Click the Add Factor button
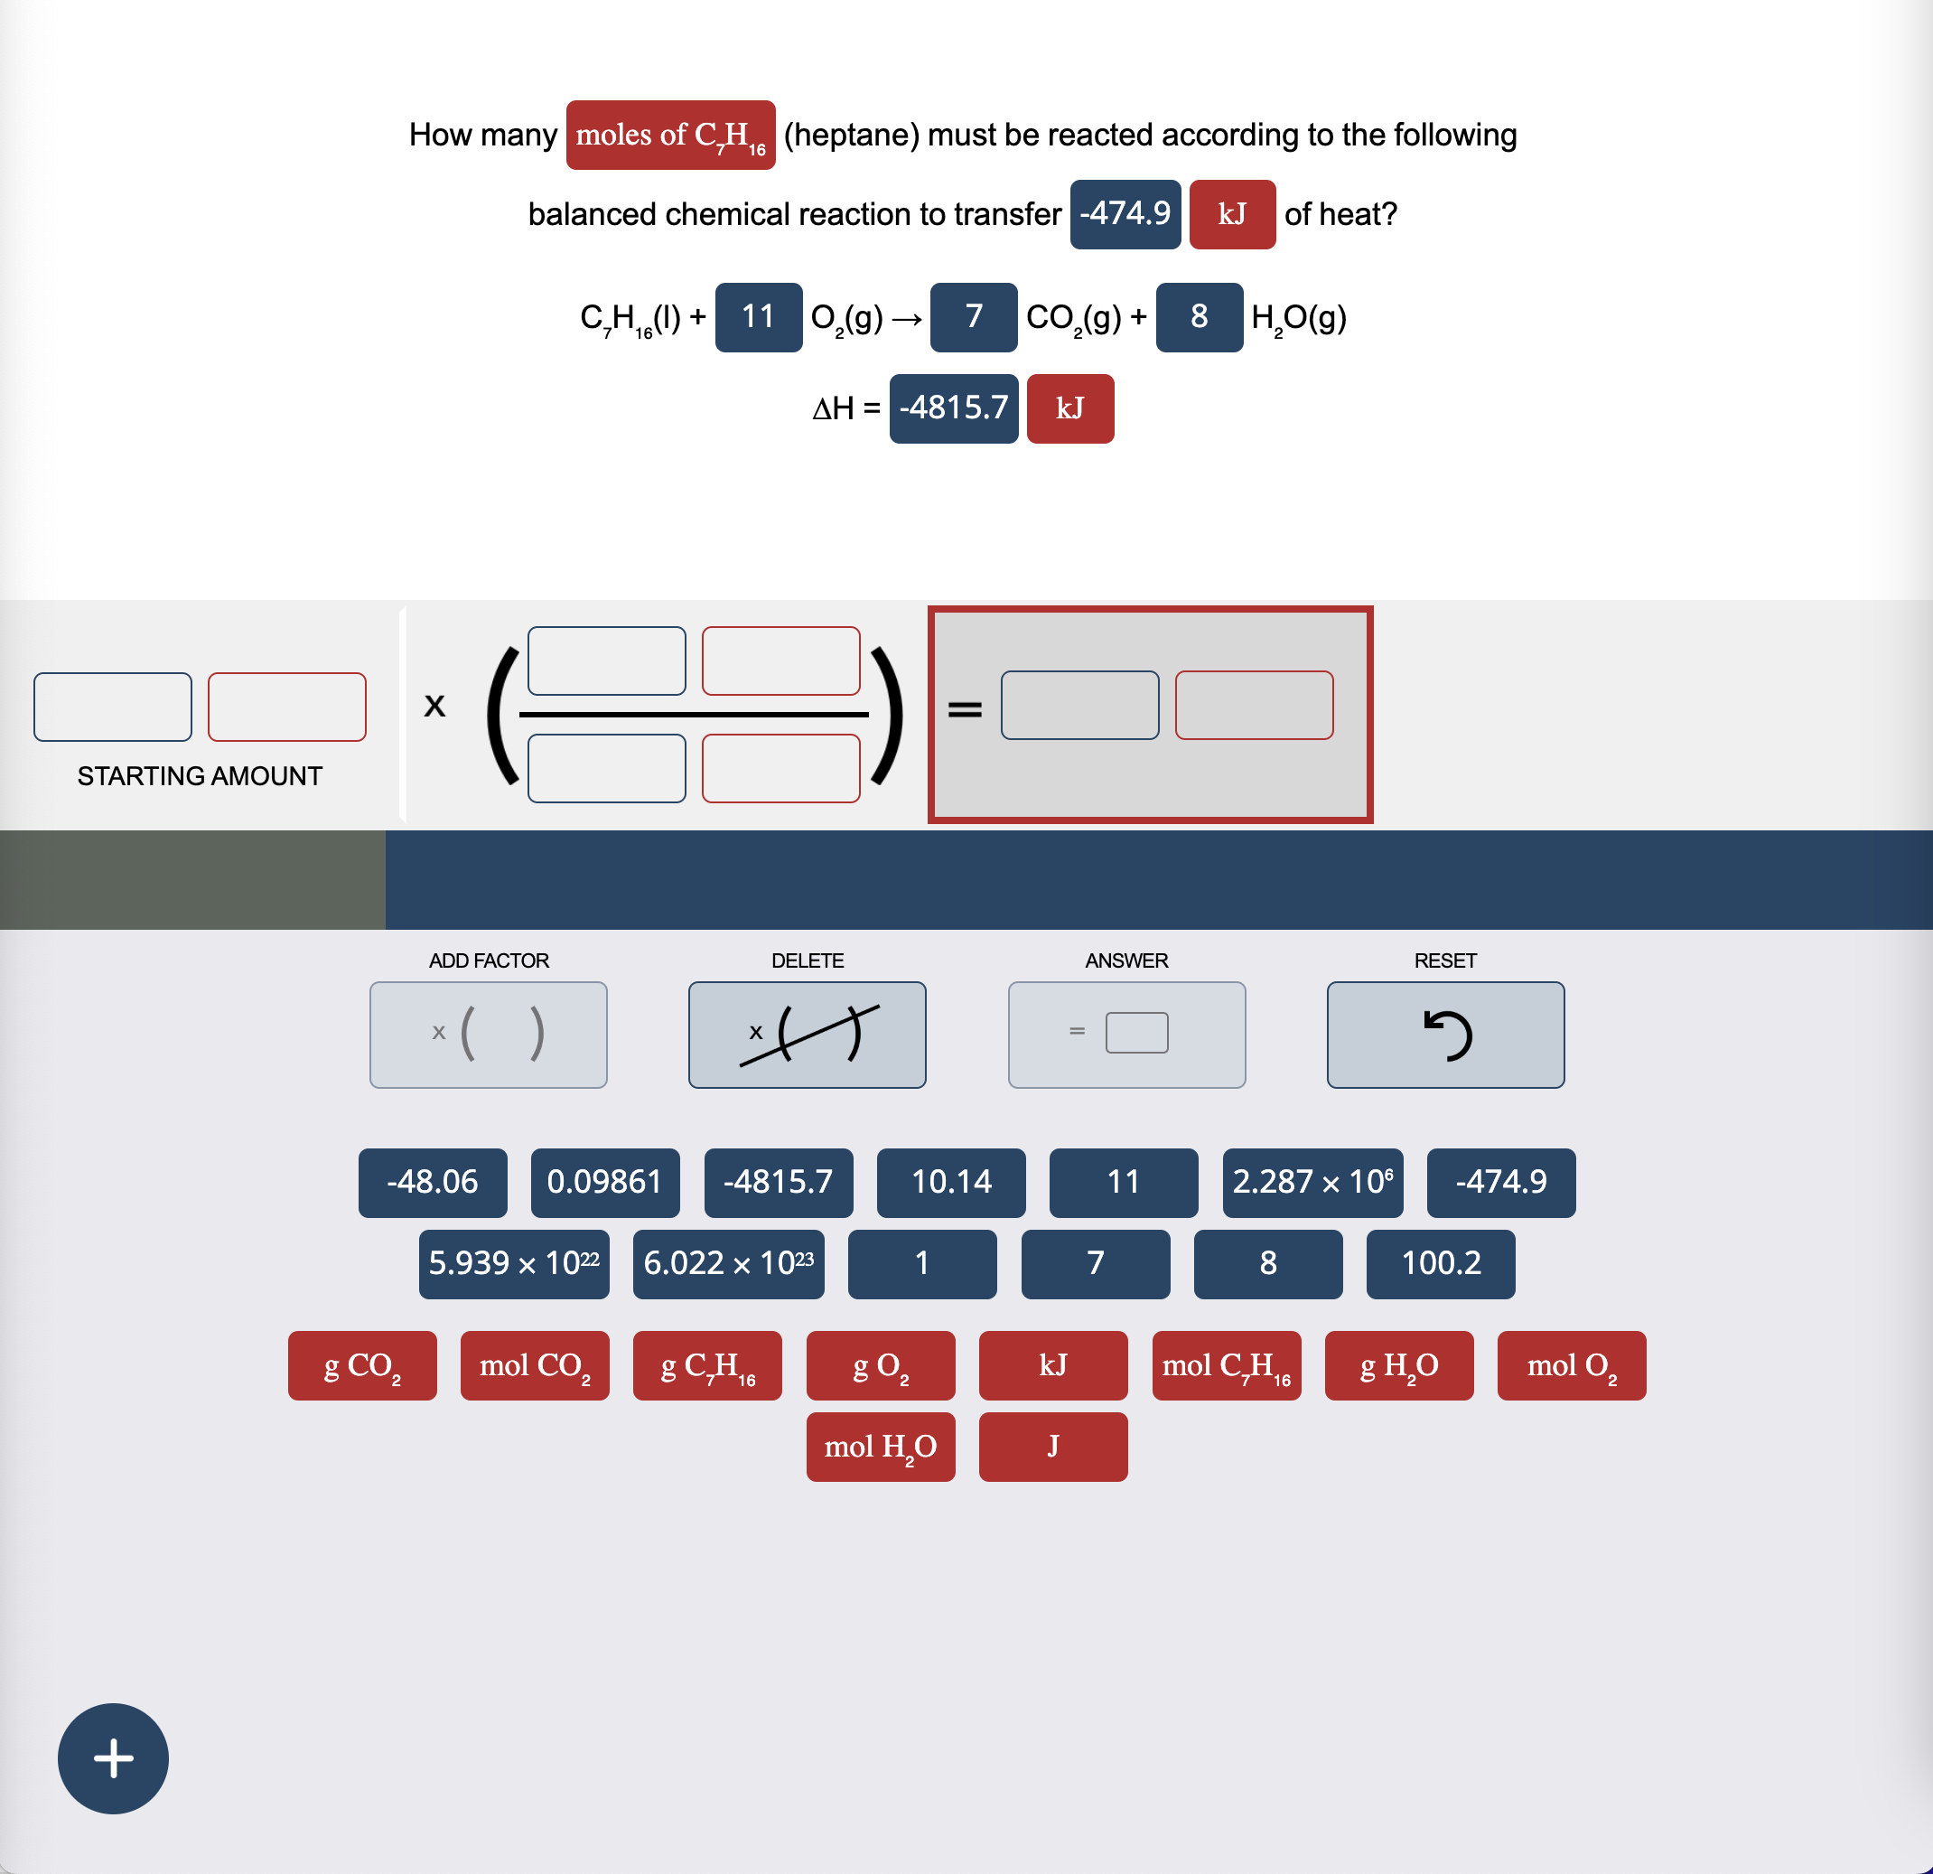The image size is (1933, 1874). point(488,1035)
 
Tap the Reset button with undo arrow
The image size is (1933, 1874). point(1445,1035)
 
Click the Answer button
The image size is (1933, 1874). point(1126,1035)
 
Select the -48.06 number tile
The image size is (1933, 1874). point(432,1182)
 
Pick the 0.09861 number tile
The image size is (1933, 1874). point(604,1182)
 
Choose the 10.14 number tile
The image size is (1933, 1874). point(951,1182)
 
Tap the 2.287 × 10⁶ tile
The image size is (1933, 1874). point(1312,1182)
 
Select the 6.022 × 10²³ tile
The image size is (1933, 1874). point(728,1263)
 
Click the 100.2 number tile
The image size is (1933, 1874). point(1440,1263)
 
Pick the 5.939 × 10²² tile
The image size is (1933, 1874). point(513,1263)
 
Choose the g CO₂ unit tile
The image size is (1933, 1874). point(362,1365)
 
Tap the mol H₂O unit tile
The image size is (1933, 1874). point(880,1447)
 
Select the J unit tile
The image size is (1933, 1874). point(1052,1447)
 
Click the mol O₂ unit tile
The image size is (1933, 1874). point(1571,1365)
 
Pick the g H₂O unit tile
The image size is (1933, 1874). point(1398,1365)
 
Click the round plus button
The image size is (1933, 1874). point(114,1757)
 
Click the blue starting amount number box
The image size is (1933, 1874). point(112,707)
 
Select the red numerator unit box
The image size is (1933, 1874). point(780,661)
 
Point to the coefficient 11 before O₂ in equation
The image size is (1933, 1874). point(758,316)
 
